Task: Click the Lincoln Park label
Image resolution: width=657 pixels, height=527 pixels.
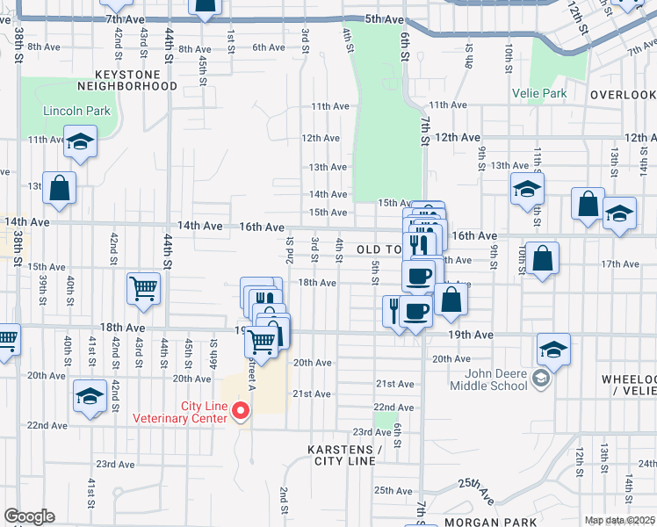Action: click(x=77, y=112)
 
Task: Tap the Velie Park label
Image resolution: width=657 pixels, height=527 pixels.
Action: click(x=540, y=92)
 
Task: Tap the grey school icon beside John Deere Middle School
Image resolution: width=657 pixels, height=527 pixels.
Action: click(x=542, y=379)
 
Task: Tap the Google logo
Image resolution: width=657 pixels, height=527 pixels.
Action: click(x=30, y=516)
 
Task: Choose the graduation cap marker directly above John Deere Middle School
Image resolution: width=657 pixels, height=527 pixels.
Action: click(x=553, y=349)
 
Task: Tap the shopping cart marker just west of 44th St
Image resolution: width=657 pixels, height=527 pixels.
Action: click(x=143, y=287)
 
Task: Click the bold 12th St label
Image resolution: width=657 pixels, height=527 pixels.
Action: click(x=576, y=17)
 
